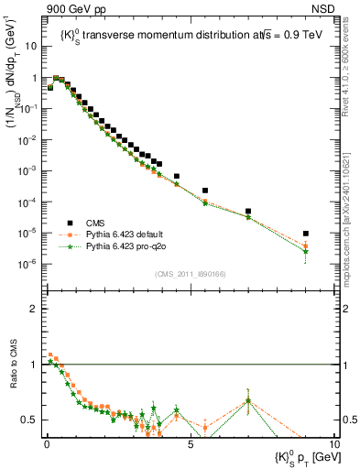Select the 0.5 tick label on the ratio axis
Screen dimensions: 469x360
click(31, 420)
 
